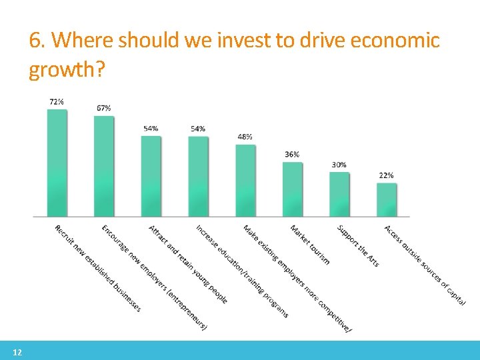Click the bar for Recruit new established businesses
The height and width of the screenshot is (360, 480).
point(57,163)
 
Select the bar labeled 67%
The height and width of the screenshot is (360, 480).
point(104,166)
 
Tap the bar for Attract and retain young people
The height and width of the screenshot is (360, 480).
point(151,176)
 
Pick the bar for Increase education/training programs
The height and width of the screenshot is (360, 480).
point(198,176)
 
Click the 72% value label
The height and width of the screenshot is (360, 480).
point(57,102)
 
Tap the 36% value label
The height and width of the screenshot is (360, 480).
point(292,154)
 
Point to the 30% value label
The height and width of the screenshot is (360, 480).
point(339,164)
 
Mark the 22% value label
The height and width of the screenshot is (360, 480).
point(387,175)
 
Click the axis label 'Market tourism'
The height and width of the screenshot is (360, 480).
point(309,244)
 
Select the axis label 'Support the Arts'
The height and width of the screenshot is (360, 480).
point(358,246)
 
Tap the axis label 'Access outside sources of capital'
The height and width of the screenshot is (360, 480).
point(424,265)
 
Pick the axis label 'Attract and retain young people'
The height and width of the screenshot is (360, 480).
point(189,264)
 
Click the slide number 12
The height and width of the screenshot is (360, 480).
point(17,353)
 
